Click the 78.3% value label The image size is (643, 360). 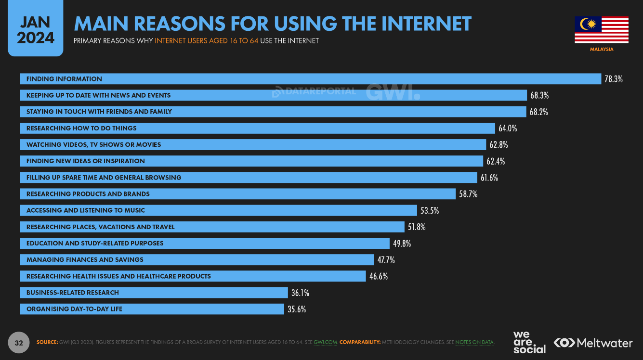click(614, 79)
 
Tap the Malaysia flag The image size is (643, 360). click(602, 30)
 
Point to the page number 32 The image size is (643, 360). click(19, 343)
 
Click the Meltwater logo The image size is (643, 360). click(593, 343)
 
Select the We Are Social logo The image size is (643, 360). click(529, 342)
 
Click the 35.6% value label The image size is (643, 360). click(297, 309)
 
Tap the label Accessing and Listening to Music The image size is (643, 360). click(86, 210)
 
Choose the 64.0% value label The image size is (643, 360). click(508, 129)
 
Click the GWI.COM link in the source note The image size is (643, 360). click(325, 342)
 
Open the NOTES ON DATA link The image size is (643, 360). click(474, 342)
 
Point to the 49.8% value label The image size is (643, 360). click(402, 244)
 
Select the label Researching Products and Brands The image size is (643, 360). click(88, 194)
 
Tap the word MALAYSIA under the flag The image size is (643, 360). click(602, 49)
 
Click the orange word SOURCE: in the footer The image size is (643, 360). click(47, 342)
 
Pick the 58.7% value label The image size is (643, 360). click(468, 194)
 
